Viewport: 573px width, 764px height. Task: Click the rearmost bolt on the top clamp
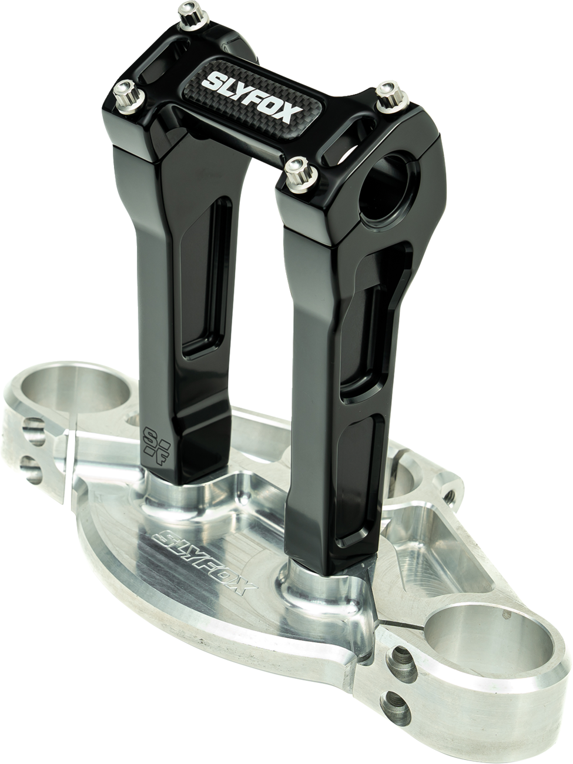193,15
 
